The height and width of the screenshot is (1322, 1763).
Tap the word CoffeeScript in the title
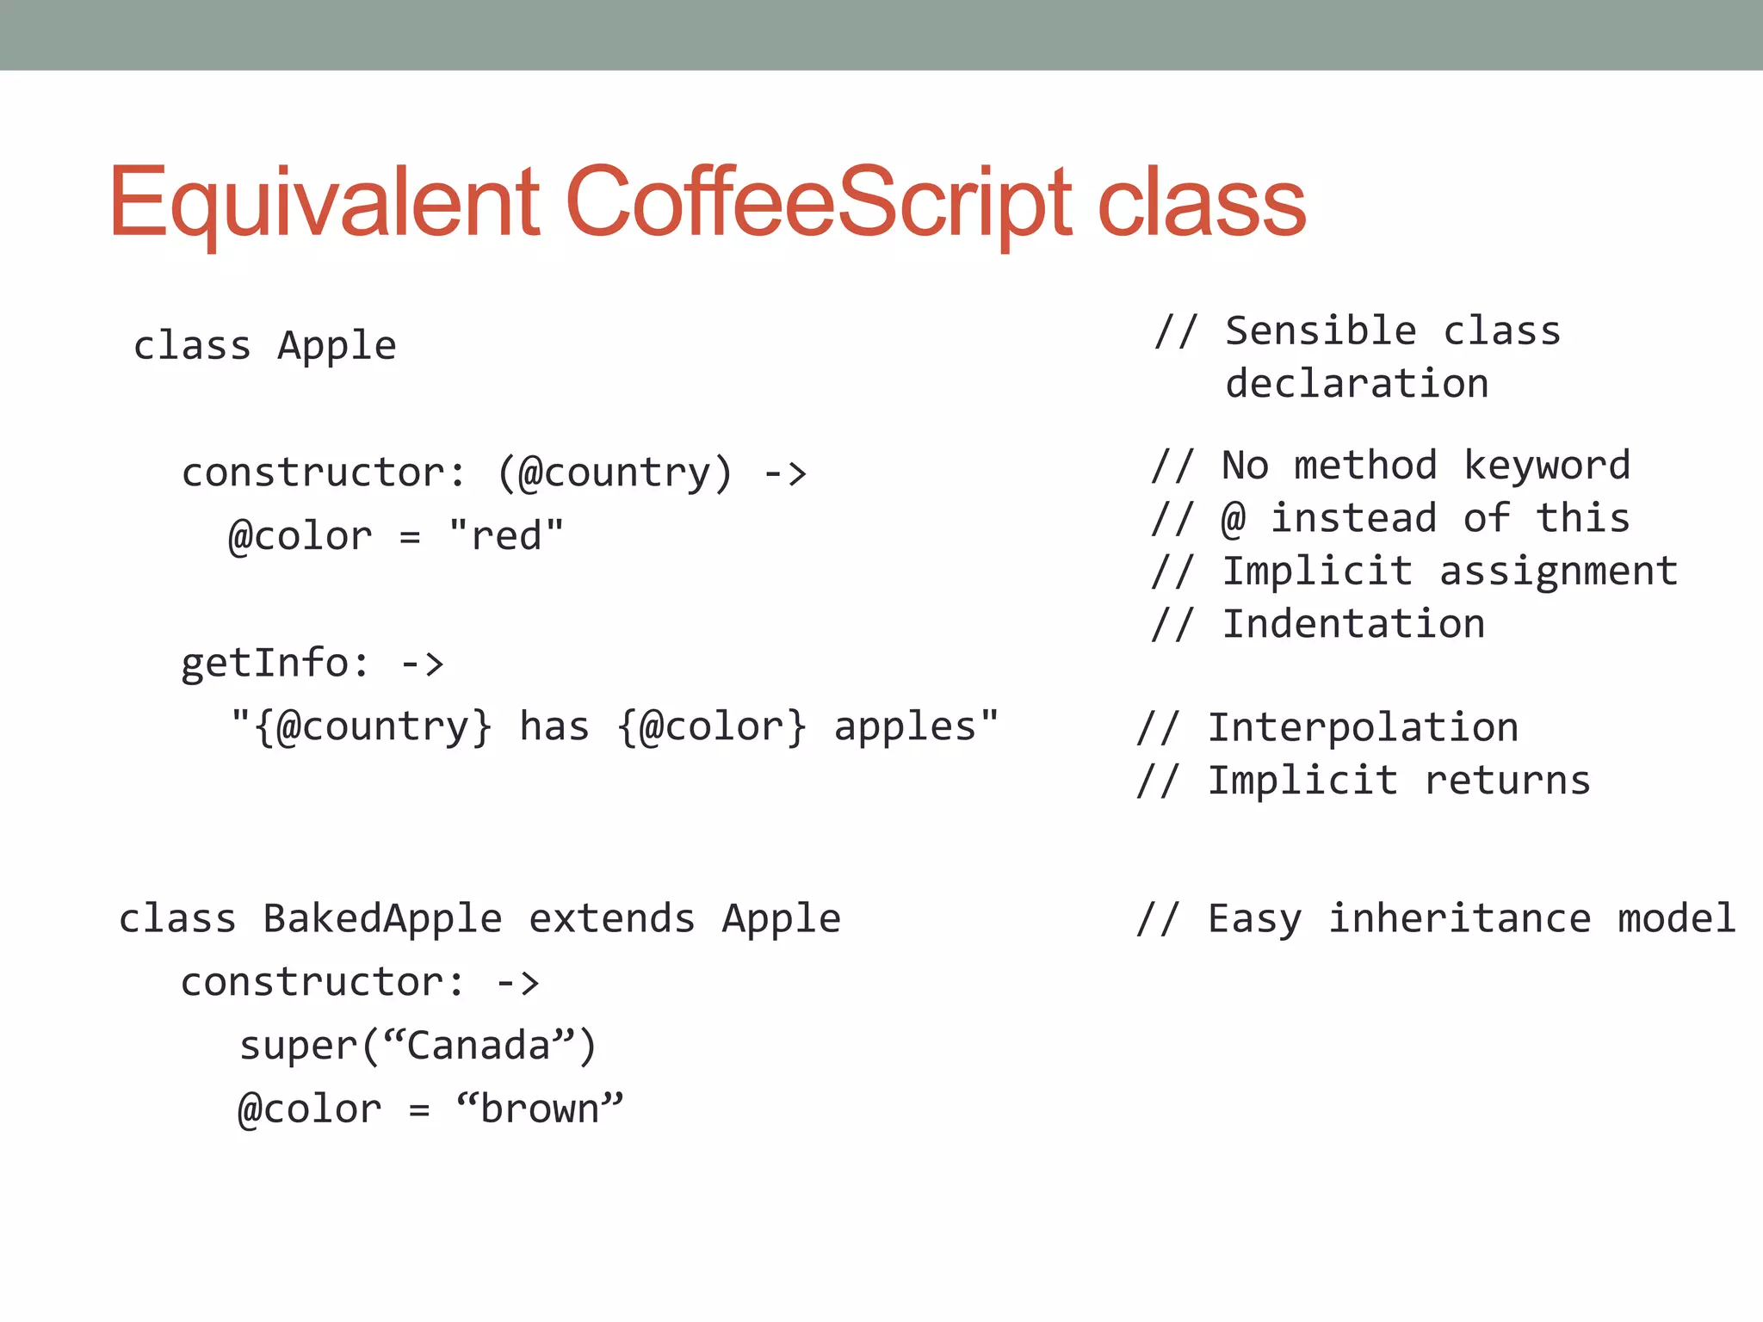pos(820,201)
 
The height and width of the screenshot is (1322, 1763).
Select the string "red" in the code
pos(506,535)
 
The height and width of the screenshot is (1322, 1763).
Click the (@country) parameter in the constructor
pos(616,473)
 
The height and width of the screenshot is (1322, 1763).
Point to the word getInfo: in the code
pos(275,663)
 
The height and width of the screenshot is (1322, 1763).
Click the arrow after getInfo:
pos(423,664)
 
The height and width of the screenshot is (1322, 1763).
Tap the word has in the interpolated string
pos(554,726)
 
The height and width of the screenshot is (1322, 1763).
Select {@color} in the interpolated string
pos(713,726)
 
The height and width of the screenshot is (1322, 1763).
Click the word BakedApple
pos(382,918)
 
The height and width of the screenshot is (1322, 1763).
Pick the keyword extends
pos(612,918)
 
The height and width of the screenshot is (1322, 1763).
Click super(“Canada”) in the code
pos(418,1046)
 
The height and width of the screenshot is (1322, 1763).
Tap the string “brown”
pos(540,1109)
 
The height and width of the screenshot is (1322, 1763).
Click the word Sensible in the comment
pos(1321,331)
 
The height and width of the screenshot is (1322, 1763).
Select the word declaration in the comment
pos(1357,384)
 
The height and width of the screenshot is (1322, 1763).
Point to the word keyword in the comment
pos(1547,466)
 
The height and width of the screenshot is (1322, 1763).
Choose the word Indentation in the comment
pos(1354,624)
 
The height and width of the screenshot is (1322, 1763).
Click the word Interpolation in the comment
pos(1363,728)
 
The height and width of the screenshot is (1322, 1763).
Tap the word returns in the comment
pos(1507,781)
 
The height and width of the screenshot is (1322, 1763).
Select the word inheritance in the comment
pos(1460,918)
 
